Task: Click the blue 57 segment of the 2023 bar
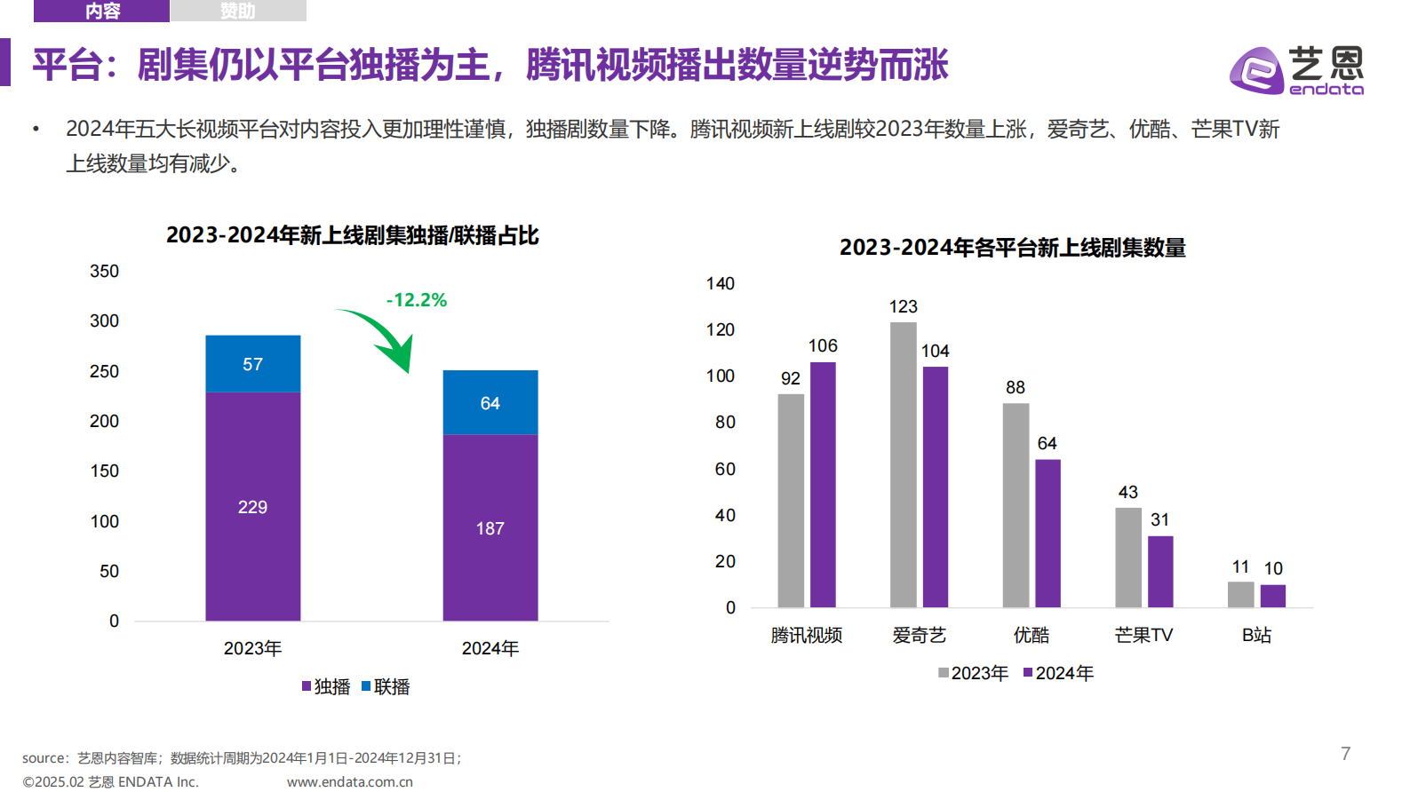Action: click(x=252, y=364)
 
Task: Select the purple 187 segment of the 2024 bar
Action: click(x=490, y=527)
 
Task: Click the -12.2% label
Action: click(x=416, y=300)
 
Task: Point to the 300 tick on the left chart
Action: click(x=104, y=321)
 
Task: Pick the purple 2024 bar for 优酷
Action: click(x=1048, y=533)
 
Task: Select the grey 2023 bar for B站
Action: click(x=1240, y=594)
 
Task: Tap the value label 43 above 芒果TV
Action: click(x=1127, y=492)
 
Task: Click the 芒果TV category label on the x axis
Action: click(x=1143, y=635)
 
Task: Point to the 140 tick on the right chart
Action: click(x=720, y=284)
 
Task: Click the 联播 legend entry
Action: click(x=386, y=686)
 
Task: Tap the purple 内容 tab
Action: click(x=101, y=11)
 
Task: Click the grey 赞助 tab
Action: click(x=237, y=11)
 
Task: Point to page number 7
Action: click(x=1345, y=754)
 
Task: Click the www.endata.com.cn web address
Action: click(x=349, y=781)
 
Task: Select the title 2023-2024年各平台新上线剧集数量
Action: click(x=1012, y=248)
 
